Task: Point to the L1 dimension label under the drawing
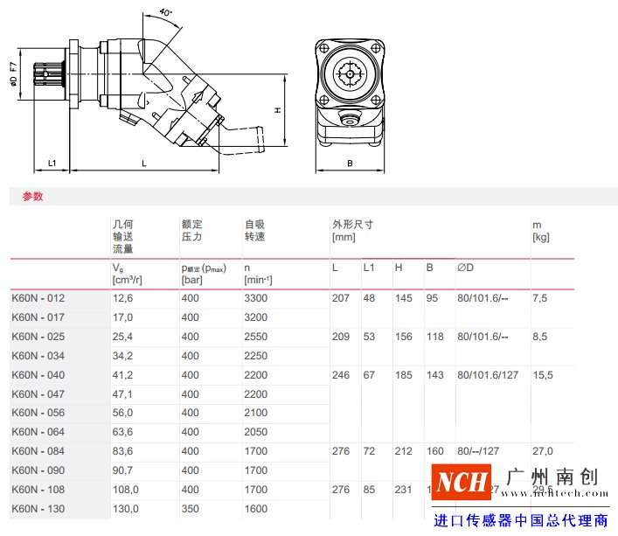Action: coord(52,163)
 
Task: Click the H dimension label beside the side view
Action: coord(276,110)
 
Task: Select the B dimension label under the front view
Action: coord(349,163)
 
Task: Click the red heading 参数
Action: coord(32,197)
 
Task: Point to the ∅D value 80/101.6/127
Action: coord(487,375)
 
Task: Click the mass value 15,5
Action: coord(542,375)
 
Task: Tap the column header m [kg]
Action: coord(541,231)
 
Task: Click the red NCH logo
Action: coord(462,482)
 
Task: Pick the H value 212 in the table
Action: coord(403,451)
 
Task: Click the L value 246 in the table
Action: coord(340,375)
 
